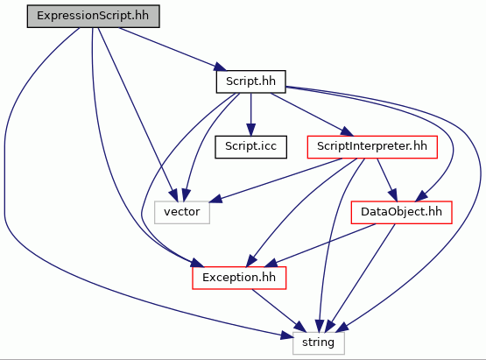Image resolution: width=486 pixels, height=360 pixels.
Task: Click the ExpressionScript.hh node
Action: click(x=94, y=16)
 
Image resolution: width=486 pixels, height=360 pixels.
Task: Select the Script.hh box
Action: click(x=250, y=81)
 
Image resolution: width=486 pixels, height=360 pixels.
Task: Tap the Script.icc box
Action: click(x=250, y=146)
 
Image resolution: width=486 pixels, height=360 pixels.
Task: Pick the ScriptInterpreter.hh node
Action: click(x=372, y=146)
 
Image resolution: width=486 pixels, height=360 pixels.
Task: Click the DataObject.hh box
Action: click(x=401, y=212)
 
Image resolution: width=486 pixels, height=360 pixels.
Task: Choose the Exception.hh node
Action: click(x=239, y=278)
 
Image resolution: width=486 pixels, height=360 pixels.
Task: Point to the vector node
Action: click(x=182, y=212)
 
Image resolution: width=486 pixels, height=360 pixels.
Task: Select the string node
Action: click(x=319, y=343)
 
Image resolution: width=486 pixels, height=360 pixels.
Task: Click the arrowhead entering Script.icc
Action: click(x=250, y=130)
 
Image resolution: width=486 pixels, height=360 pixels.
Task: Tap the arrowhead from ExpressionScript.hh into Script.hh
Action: click(x=221, y=67)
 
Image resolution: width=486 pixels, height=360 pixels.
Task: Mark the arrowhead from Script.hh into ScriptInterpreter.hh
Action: click(x=347, y=131)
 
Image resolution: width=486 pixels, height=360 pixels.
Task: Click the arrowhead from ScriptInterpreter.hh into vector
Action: click(x=215, y=199)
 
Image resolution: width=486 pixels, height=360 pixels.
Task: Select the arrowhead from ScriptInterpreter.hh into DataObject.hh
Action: click(x=393, y=195)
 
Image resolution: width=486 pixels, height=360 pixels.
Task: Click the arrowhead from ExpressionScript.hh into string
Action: click(x=286, y=336)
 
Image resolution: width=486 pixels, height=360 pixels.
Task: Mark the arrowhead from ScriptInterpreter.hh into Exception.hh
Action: click(x=252, y=261)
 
